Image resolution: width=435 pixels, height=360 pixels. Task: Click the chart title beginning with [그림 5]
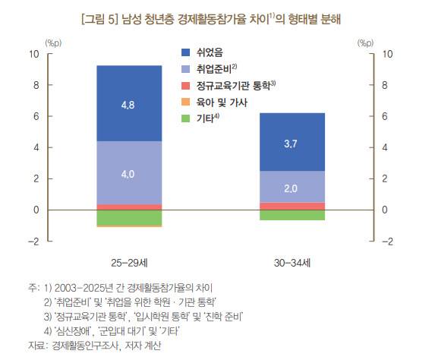[x=216, y=19]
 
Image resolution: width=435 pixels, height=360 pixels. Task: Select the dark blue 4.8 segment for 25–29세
[x=128, y=103]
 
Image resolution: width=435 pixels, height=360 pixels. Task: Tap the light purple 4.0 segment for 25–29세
[x=128, y=173]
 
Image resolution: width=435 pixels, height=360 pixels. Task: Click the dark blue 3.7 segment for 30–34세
[x=292, y=142]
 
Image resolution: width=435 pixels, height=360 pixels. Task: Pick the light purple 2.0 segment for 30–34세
[x=292, y=187]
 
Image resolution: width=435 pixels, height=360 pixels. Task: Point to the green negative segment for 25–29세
[x=128, y=217]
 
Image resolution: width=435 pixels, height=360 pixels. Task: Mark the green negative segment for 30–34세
[x=292, y=215]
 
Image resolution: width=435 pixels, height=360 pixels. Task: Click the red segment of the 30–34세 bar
[x=292, y=206]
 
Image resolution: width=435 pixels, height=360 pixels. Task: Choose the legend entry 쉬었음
[x=209, y=52]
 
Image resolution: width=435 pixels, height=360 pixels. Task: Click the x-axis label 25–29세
[x=128, y=263]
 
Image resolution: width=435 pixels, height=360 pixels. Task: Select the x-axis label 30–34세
[x=292, y=263]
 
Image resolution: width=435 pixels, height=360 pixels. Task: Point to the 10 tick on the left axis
[x=33, y=54]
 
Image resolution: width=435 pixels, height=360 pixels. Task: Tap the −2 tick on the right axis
[x=387, y=242]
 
